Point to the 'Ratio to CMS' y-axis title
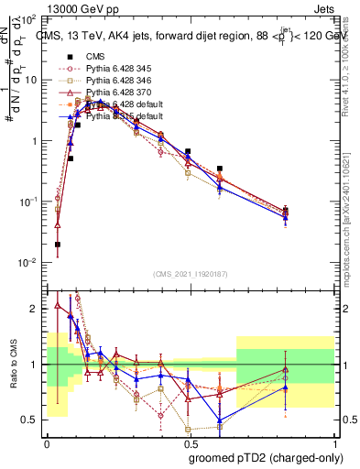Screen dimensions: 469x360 pyautogui.click(x=12, y=365)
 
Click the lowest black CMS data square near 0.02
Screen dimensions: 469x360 pyautogui.click(x=58, y=245)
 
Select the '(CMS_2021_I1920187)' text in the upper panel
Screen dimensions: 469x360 pyautogui.click(x=190, y=274)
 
